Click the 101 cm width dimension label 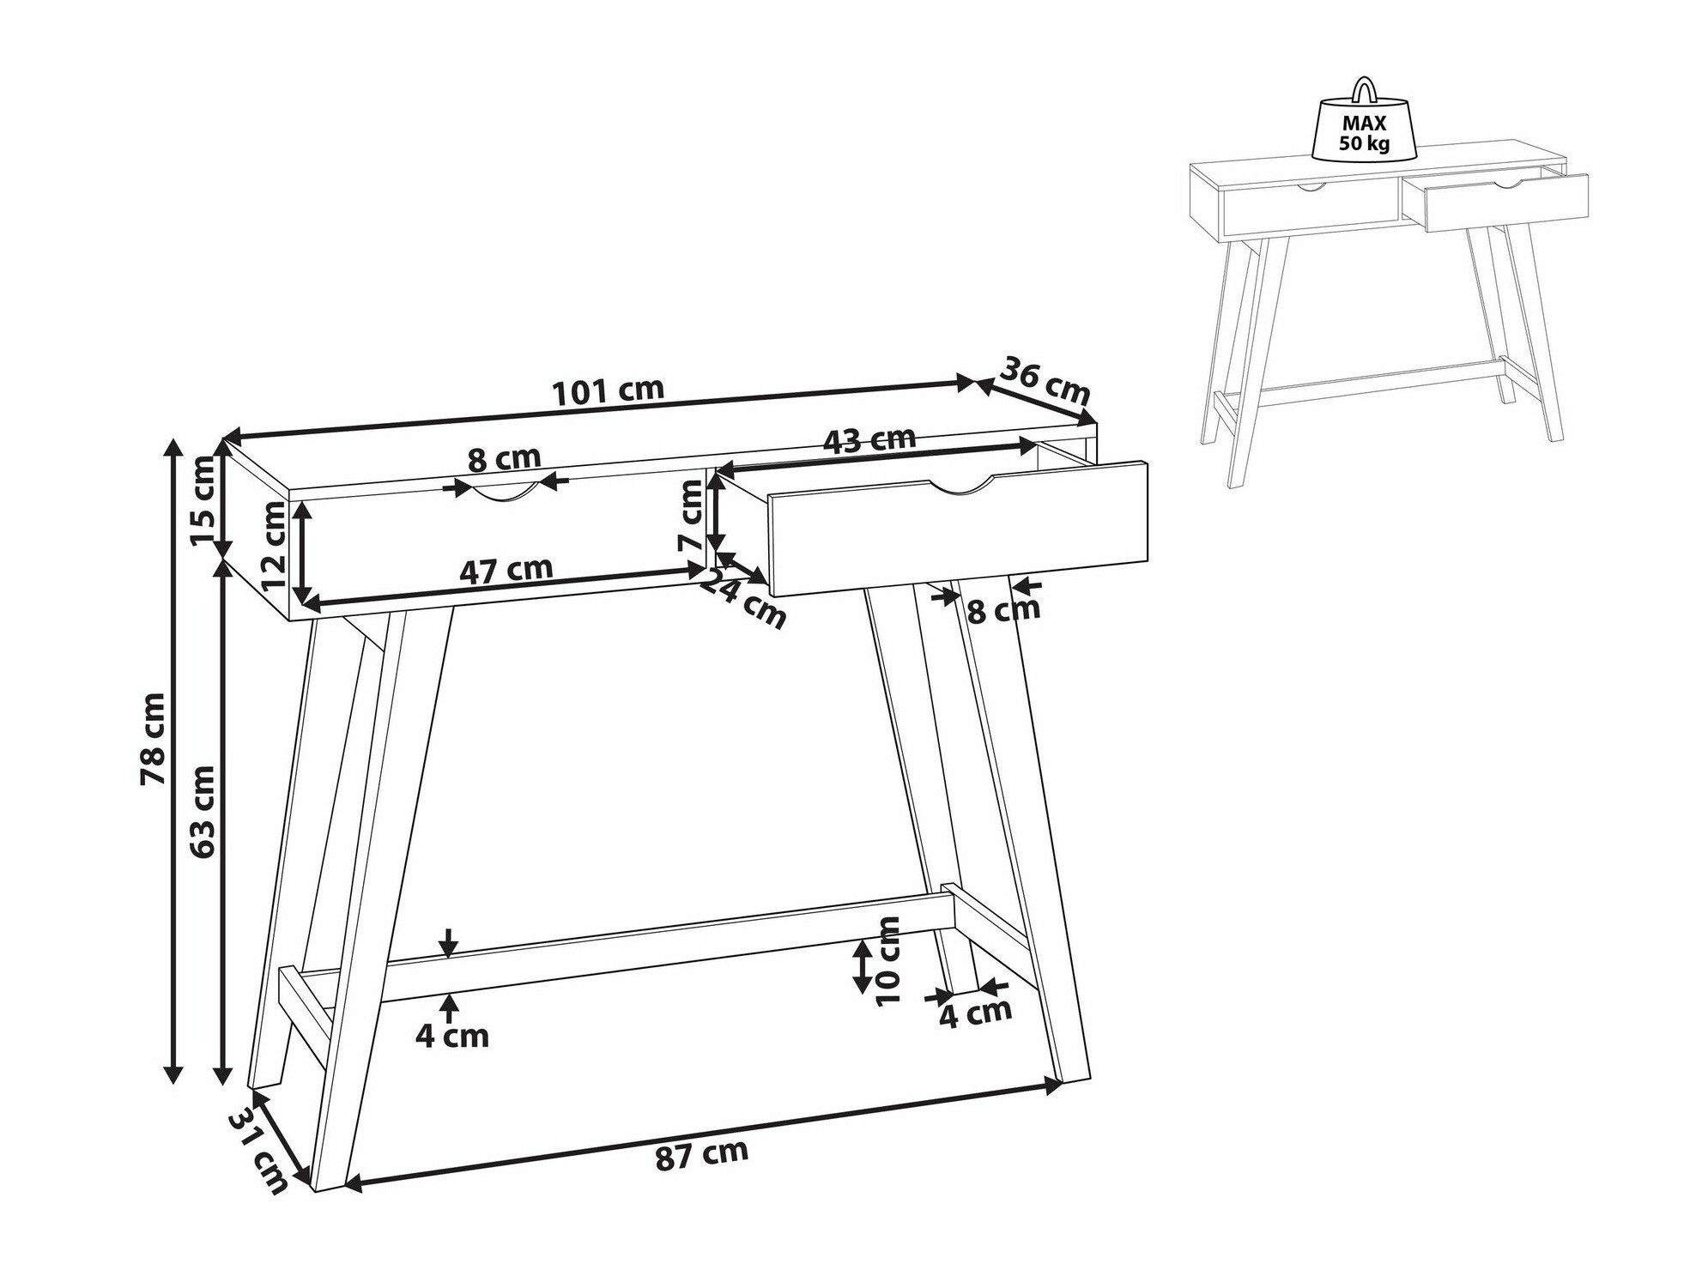609,391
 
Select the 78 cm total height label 154,739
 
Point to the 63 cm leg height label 203,812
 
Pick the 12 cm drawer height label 274,544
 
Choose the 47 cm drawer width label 506,570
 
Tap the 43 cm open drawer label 869,440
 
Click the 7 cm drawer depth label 691,516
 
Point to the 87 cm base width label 702,1155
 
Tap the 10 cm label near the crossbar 890,960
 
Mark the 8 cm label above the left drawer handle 504,459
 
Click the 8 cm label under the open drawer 1003,611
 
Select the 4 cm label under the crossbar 452,1036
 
